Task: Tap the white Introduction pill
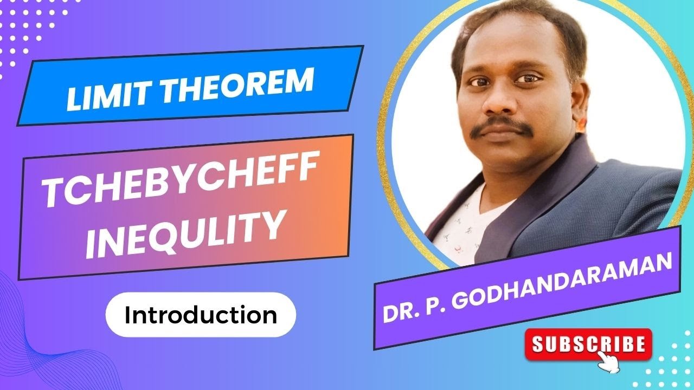pyautogui.click(x=201, y=315)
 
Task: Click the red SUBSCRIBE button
pyautogui.click(x=589, y=344)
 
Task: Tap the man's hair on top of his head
pyautogui.click(x=520, y=16)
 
